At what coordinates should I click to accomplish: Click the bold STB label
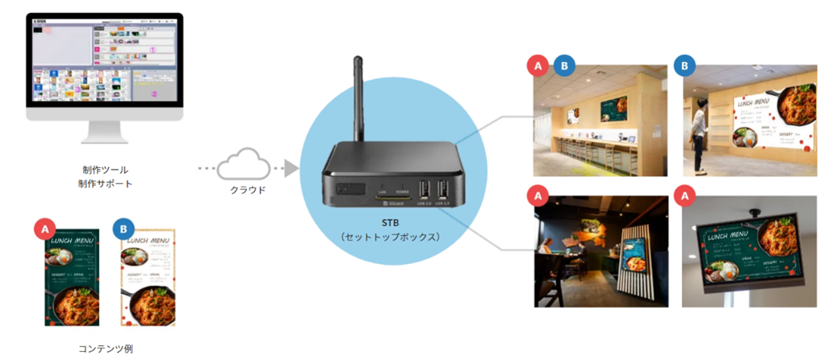pos(390,221)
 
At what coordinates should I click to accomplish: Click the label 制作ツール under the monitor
pos(105,170)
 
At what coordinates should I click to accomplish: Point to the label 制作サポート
pos(105,184)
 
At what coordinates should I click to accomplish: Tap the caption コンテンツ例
pos(105,349)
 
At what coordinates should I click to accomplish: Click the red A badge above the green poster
pos(45,230)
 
